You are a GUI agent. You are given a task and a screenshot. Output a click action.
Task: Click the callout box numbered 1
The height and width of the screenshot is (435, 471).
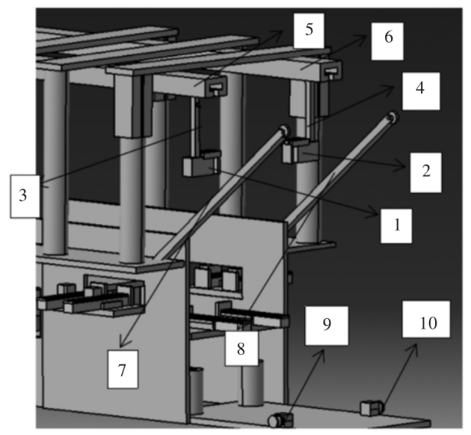[397, 222]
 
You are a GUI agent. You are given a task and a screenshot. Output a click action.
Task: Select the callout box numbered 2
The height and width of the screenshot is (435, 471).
[425, 171]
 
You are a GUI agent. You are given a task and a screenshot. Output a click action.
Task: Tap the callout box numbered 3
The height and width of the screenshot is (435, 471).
[24, 195]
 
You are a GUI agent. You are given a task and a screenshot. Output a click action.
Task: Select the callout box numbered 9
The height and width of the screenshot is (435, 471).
[325, 325]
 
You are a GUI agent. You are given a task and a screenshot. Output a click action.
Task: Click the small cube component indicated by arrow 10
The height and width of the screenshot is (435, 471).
[371, 407]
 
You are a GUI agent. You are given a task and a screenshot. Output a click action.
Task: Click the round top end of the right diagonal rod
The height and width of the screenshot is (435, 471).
[391, 118]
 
